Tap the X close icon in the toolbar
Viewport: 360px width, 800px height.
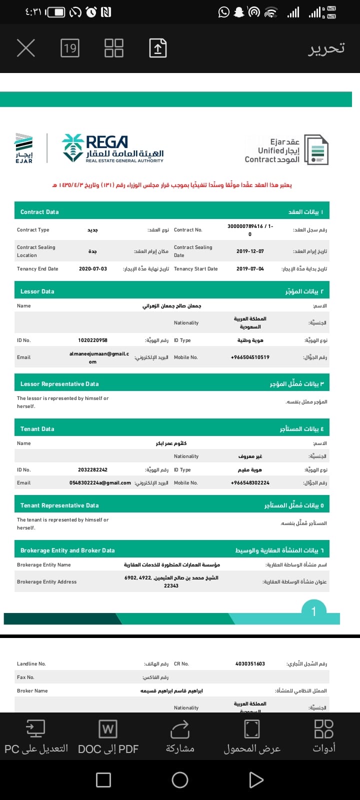pos(26,48)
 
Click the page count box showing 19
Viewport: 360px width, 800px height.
pos(70,48)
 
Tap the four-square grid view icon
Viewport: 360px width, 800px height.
pos(114,48)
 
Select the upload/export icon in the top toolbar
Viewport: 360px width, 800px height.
pos(157,48)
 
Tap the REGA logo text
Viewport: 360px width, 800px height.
pos(107,142)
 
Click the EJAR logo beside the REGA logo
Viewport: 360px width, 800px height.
pos(24,148)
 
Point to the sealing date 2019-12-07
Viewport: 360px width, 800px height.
pos(250,251)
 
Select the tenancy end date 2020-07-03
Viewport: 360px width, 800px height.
pos(93,269)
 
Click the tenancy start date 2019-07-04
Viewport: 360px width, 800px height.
pos(250,269)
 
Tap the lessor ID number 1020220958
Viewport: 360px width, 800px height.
pos(92,340)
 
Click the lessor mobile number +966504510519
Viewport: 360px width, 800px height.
pos(250,357)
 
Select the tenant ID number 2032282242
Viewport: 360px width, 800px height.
pos(92,470)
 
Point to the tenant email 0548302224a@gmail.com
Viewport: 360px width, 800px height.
pos(100,483)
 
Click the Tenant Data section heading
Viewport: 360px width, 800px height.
pos(37,429)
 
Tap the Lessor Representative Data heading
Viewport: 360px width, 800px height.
pos(59,384)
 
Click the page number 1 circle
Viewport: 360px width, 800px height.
pos(313,611)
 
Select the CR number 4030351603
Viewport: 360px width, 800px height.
pos(250,664)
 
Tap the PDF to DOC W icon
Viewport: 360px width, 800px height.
pos(108,729)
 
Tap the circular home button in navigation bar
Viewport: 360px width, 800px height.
pos(180,780)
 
